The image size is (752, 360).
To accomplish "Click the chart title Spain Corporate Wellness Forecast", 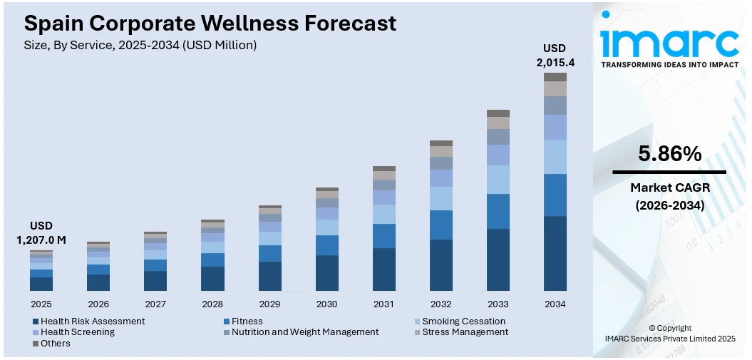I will pos(210,23).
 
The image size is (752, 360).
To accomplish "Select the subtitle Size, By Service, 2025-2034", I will pos(140,45).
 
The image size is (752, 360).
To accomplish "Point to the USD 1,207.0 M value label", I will pos(41,233).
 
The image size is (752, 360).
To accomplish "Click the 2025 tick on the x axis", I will pos(41,304).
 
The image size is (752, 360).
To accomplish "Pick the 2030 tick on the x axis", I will pos(326,304).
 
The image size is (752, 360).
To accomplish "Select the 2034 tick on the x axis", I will pos(555,304).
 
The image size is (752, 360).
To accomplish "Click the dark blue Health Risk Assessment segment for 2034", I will pos(555,253).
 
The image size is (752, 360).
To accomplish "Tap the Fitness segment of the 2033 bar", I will pos(498,211).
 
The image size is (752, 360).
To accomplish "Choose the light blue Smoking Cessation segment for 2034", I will pos(555,157).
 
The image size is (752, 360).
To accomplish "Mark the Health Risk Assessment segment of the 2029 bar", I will pos(269,276).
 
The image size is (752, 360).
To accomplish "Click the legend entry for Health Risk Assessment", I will pos(92,322).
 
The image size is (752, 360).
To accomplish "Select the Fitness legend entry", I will pos(247,322).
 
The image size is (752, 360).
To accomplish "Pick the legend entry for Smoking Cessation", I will pos(463,322).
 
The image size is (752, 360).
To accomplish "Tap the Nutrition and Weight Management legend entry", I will pos(304,332).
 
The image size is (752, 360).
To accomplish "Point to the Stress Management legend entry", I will pos(465,332).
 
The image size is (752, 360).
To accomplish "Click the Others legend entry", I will pos(55,343).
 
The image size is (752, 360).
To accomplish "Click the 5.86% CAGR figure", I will pos(669,153).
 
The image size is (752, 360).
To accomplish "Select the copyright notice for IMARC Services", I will pos(669,334).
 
